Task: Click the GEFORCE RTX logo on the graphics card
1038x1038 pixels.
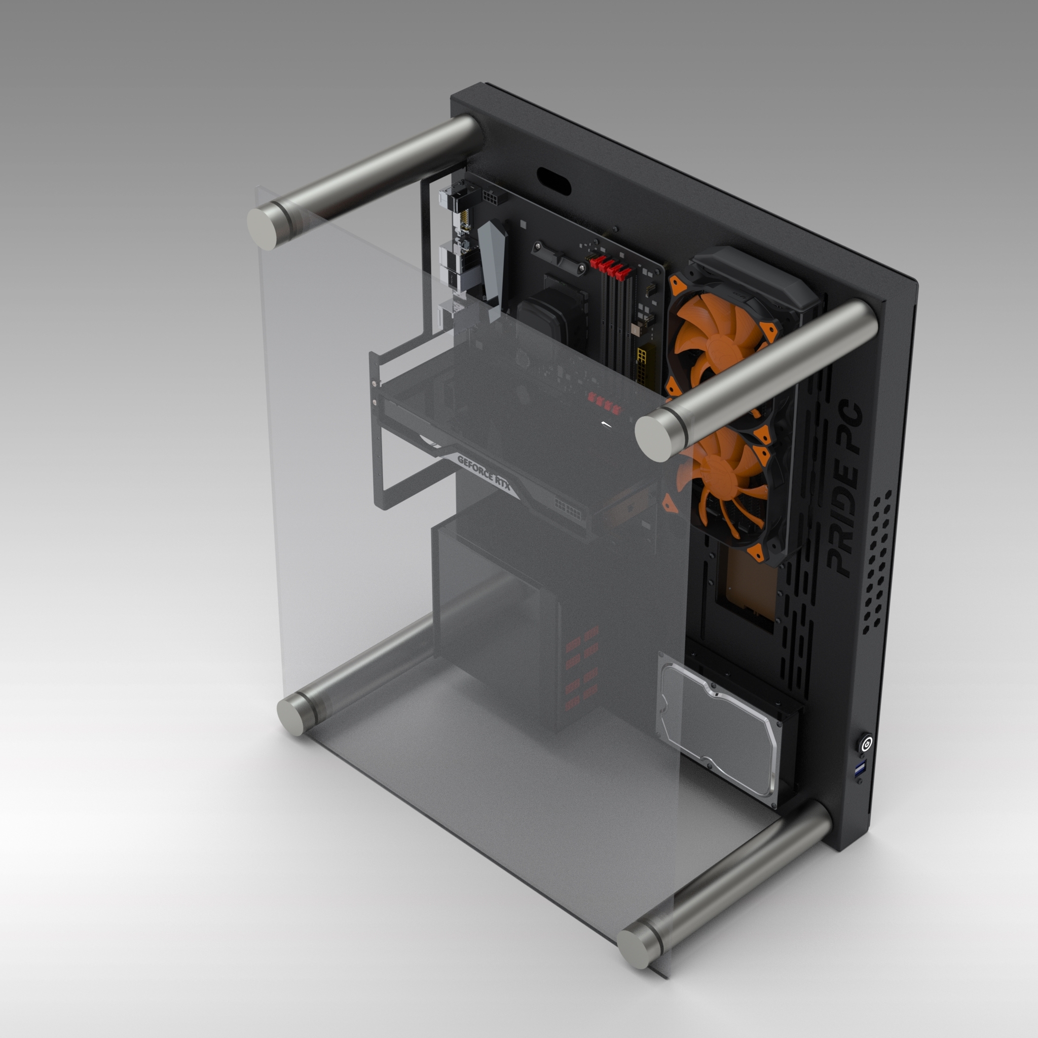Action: point(484,475)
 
